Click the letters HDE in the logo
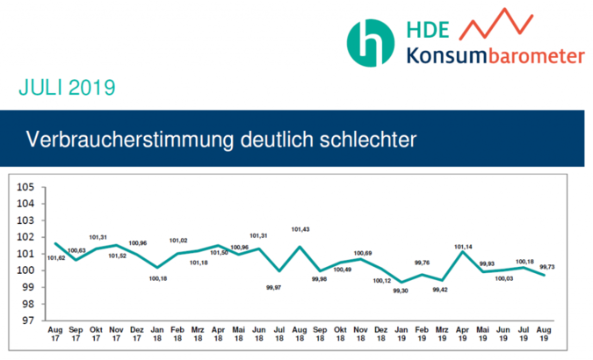coord(428,30)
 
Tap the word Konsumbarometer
coord(495,56)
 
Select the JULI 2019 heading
coord(66,89)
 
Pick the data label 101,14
coord(463,247)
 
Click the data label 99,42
coord(442,289)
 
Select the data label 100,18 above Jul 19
coord(524,261)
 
